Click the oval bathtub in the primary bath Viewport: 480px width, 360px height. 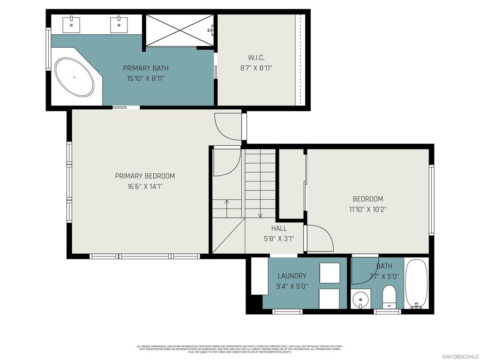tap(75, 77)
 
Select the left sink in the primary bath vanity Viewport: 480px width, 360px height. tap(71, 25)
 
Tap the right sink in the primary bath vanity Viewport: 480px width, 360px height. tap(119, 25)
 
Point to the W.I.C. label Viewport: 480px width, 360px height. tap(256, 58)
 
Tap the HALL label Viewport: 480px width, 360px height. tap(279, 228)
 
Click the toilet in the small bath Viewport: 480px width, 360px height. tap(389, 296)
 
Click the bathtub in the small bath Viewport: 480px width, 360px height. tap(416, 284)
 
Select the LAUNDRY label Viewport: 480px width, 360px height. tap(292, 276)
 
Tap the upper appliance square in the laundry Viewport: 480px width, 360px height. tap(329, 273)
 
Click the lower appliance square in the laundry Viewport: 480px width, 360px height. tap(329, 298)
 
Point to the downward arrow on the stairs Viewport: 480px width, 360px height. tap(260, 215)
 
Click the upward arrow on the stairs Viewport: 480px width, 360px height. tap(227, 202)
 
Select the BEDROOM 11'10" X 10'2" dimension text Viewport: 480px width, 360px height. tap(367, 210)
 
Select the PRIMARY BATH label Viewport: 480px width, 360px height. tap(145, 68)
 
